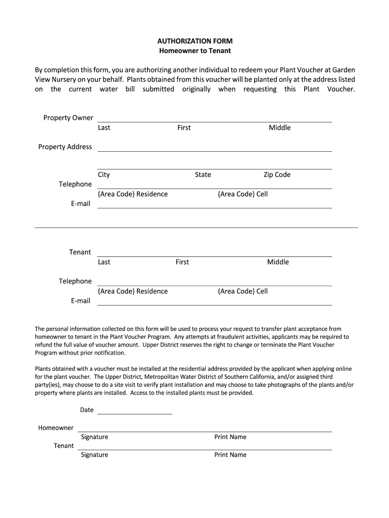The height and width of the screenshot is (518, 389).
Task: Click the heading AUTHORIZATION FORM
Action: click(194, 41)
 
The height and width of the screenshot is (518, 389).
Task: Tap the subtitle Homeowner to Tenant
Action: click(194, 51)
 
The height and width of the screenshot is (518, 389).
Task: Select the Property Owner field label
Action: click(68, 118)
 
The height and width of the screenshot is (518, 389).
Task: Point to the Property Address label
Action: click(65, 147)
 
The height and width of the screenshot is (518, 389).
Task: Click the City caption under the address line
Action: click(104, 175)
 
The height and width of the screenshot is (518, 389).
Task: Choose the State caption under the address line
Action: click(203, 175)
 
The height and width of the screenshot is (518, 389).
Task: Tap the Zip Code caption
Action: click(276, 175)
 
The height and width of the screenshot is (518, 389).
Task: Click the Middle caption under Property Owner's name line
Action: click(279, 127)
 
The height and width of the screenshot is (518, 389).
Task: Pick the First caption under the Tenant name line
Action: click(182, 262)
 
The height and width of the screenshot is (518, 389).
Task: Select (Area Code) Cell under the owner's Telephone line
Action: click(242, 194)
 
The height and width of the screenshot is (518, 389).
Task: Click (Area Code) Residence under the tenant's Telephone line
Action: click(133, 291)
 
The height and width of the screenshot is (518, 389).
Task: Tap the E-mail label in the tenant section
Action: click(80, 301)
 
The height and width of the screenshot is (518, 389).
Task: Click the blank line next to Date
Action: click(134, 411)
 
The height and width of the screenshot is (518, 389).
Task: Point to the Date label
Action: click(86, 410)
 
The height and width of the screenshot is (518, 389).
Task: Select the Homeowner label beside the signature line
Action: click(56, 428)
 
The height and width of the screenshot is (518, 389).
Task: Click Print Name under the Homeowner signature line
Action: click(230, 437)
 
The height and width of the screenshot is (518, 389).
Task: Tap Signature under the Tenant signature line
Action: click(94, 455)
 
